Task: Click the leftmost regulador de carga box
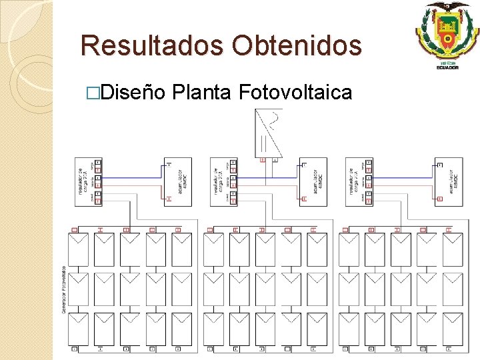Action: tap(86, 181)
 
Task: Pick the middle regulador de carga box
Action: tap(222, 181)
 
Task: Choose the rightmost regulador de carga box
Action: tap(357, 181)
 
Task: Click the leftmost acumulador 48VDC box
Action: tap(178, 181)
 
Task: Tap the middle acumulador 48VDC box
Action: tap(313, 181)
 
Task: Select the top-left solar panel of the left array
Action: tap(79, 249)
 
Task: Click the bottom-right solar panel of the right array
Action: tap(452, 329)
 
